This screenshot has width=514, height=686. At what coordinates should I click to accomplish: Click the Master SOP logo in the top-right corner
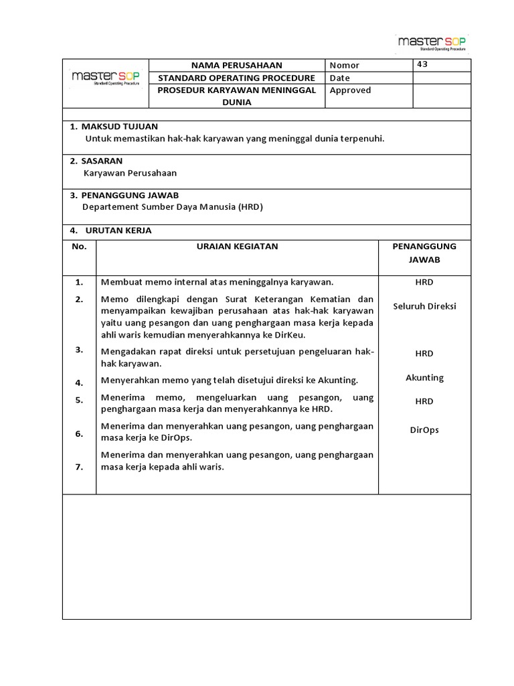click(x=432, y=43)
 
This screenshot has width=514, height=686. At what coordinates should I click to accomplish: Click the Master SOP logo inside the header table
click(x=105, y=78)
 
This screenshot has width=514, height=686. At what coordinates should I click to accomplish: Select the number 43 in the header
click(x=422, y=65)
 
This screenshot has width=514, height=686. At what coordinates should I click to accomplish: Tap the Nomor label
click(x=345, y=66)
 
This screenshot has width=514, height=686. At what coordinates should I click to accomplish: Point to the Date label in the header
click(x=340, y=78)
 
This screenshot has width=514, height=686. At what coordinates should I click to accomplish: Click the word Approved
click(x=350, y=90)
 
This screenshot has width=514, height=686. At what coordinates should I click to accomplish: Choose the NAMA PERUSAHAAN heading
click(x=237, y=66)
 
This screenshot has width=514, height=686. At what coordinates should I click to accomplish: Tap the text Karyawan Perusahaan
click(x=131, y=173)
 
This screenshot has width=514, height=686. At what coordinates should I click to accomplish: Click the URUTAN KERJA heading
click(x=118, y=230)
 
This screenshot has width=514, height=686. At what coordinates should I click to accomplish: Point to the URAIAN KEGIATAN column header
click(x=237, y=247)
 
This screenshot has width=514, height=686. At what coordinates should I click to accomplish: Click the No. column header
click(x=79, y=247)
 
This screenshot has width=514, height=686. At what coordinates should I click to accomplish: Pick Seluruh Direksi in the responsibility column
click(x=424, y=306)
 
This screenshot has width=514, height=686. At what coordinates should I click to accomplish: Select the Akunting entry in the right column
click(x=424, y=378)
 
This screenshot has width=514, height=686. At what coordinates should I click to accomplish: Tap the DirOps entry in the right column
click(x=424, y=430)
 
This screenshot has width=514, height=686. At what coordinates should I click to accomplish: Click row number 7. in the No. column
click(x=79, y=468)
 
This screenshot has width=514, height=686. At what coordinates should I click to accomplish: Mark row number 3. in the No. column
click(x=79, y=350)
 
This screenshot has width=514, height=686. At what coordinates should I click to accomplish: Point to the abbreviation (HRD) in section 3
click(x=250, y=208)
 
